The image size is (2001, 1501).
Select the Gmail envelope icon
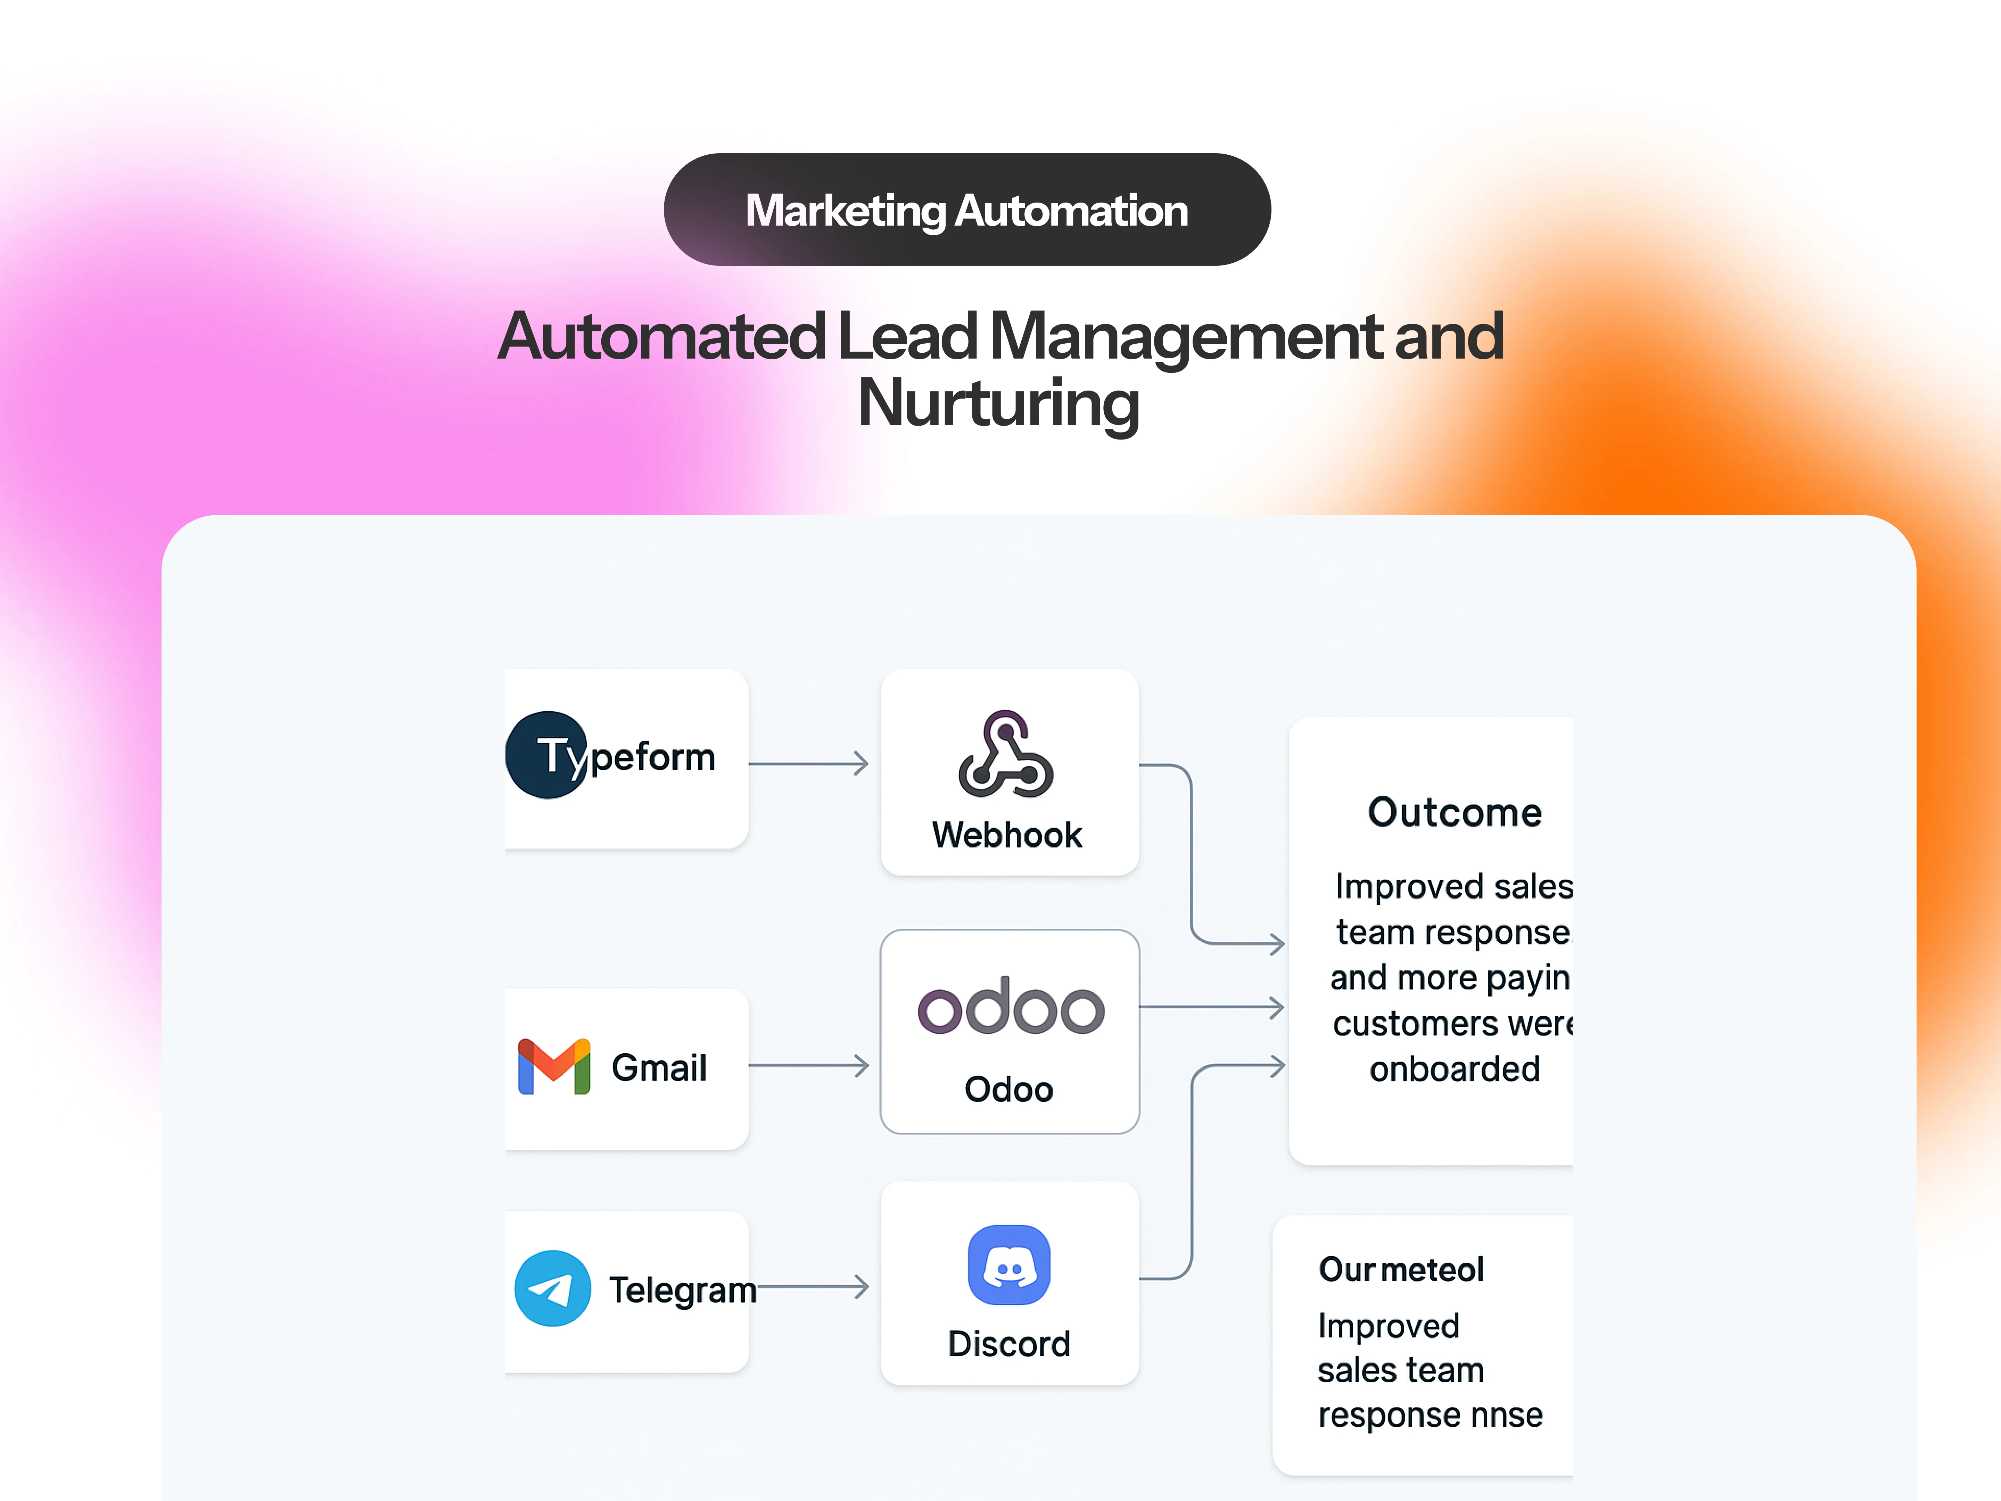554,1067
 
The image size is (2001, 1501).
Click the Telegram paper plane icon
552,1288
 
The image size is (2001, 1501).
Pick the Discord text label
1008,1344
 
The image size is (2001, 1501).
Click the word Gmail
659,1068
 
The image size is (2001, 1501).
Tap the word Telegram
682,1289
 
